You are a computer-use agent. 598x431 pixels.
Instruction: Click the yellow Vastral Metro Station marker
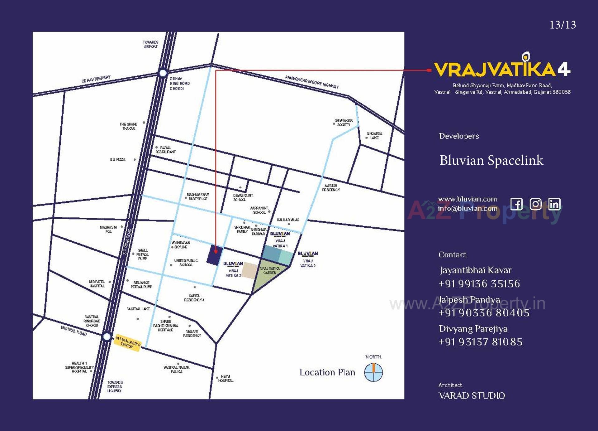coord(128,343)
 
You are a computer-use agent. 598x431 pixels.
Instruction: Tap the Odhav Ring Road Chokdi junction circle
coord(163,73)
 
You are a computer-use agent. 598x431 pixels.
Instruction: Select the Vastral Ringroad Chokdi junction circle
coord(107,337)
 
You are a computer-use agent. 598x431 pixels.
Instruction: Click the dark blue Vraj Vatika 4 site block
coord(215,255)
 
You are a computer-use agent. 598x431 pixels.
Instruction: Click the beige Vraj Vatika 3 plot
coord(249,270)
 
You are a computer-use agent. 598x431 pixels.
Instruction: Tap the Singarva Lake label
coord(374,136)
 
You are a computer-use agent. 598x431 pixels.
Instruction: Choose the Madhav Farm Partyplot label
coord(198,196)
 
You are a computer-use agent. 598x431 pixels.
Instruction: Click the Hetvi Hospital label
coord(225,379)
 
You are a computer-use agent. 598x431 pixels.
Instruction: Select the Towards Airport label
coord(151,44)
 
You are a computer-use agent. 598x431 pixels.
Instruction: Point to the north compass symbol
coord(373,372)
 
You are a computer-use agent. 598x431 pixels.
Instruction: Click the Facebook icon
coord(516,204)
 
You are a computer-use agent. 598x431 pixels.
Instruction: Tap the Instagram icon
coord(535,204)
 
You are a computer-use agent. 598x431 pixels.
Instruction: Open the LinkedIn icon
coord(554,204)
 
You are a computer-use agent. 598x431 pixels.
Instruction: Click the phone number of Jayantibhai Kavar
coord(479,284)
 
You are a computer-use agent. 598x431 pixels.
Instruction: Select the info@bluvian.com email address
coord(467,208)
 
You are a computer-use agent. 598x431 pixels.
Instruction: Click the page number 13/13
coord(562,25)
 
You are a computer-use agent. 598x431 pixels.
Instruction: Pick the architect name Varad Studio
coord(472,396)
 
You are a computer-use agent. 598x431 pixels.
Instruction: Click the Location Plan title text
coord(327,372)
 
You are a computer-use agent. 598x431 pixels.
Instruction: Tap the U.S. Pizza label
coord(117,159)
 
